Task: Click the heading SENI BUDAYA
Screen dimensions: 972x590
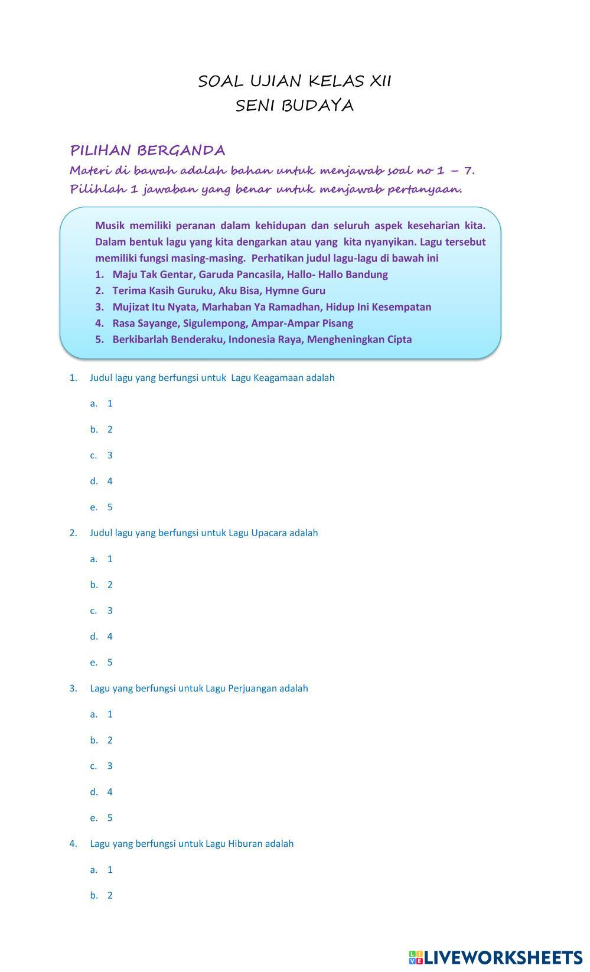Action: point(294,106)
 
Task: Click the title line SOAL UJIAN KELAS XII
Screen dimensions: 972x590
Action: point(294,81)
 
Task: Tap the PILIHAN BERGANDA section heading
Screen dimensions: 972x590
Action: point(148,150)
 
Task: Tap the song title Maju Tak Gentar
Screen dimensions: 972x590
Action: point(152,275)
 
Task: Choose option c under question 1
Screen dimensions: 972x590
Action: point(102,455)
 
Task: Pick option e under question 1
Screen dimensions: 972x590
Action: point(102,507)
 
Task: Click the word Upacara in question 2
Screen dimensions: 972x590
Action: point(269,533)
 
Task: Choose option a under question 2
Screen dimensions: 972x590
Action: point(102,559)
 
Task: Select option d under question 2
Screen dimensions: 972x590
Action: point(102,637)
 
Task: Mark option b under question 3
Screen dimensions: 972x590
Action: point(102,741)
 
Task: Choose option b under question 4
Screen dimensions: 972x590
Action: point(102,896)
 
